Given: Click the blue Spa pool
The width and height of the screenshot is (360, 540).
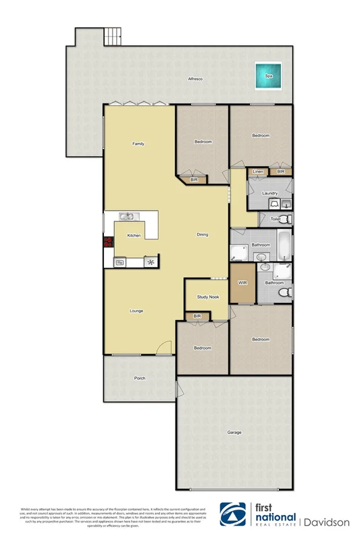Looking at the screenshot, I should [267, 76].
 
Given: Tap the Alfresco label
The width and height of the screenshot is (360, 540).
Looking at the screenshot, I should [196, 80].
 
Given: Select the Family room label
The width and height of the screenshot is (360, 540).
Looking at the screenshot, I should [138, 144].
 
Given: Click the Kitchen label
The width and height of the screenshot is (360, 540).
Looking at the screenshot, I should [134, 236].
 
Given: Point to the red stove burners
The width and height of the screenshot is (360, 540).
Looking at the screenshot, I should [107, 244].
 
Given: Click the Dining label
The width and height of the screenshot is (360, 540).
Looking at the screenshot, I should [202, 235].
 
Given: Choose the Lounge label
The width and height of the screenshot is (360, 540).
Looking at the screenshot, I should [136, 311].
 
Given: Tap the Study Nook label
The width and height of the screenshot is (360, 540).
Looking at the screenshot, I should [207, 297].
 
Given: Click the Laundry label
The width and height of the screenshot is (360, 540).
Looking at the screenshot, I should [271, 194].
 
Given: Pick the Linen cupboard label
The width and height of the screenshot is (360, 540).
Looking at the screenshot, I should [257, 173].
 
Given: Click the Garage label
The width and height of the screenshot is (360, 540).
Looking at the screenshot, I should [234, 433].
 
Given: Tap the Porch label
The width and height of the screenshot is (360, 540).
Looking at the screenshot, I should [140, 378].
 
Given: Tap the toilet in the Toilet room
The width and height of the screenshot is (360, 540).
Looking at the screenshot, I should [285, 219].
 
